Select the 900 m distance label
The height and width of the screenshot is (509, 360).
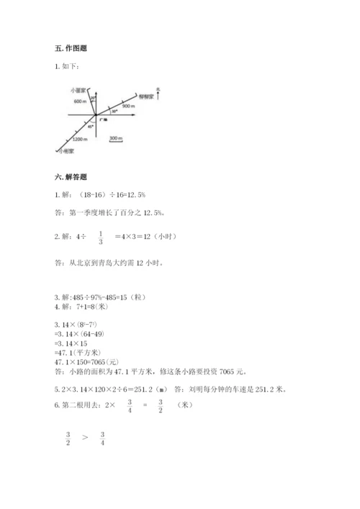click(x=128, y=106)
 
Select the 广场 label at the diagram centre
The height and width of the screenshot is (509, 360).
click(x=105, y=118)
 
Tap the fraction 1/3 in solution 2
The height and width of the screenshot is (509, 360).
click(x=100, y=237)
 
